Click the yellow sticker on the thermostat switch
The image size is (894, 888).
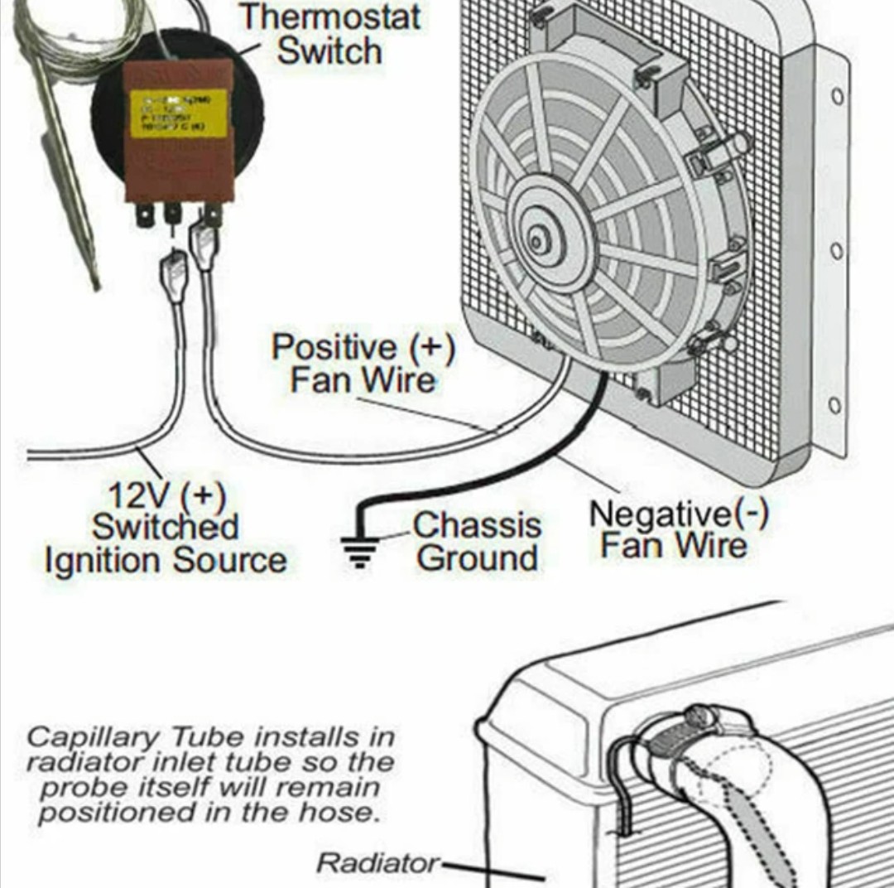click(179, 113)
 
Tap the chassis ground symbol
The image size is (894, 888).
click(359, 548)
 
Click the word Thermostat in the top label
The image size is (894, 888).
click(329, 17)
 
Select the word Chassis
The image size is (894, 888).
click(477, 525)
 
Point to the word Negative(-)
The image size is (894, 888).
click(678, 514)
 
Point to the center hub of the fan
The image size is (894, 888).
click(538, 241)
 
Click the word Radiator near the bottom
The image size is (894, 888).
click(378, 863)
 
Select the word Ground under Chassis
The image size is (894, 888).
click(477, 559)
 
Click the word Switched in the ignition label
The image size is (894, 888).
click(165, 528)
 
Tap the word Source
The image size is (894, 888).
click(230, 561)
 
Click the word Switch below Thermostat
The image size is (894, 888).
click(329, 51)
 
